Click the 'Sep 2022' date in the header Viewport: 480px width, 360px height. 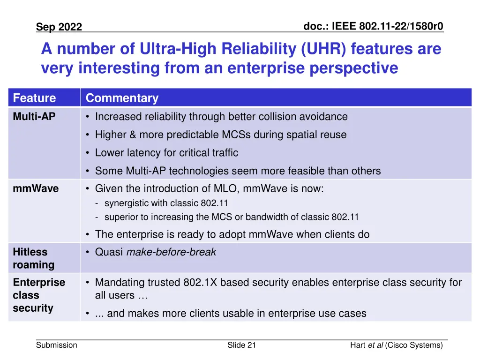(59, 27)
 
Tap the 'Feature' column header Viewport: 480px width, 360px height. (34, 98)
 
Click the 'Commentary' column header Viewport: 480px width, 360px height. (122, 98)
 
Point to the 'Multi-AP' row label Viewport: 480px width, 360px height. (34, 117)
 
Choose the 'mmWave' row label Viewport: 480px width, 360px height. (36, 189)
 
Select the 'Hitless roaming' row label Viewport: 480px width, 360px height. (34, 258)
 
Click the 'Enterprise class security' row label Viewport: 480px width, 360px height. (39, 295)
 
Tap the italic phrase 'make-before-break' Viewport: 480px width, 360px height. (171, 252)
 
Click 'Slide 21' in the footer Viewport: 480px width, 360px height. (241, 345)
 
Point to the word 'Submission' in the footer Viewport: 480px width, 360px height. (57, 345)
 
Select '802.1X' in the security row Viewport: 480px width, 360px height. (202, 283)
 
